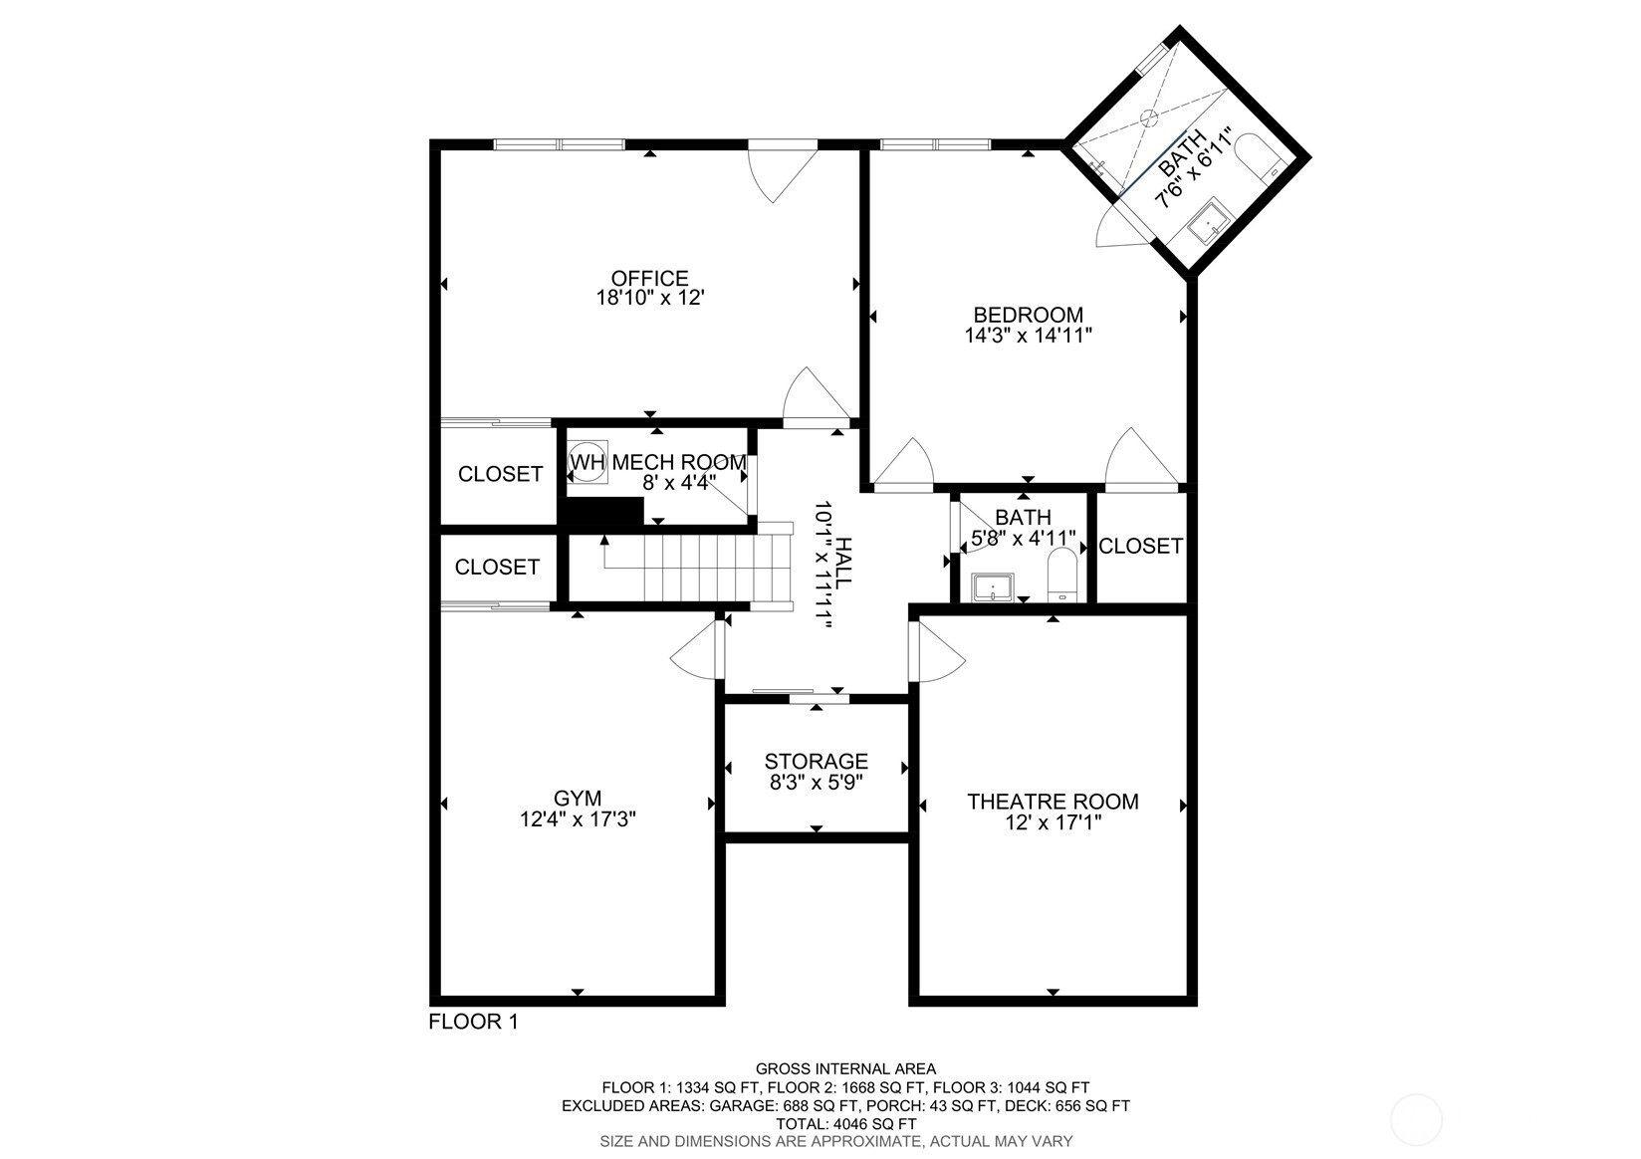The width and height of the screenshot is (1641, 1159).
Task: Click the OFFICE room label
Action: coord(650,279)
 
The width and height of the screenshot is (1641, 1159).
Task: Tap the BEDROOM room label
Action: coord(1028,315)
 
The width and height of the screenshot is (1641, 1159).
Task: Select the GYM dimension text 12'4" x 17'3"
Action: coord(578,819)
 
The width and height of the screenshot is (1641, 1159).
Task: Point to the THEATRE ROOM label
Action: coord(1053,802)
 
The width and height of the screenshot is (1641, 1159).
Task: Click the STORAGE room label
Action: coord(817,761)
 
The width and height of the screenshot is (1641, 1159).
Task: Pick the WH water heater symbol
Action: coord(587,462)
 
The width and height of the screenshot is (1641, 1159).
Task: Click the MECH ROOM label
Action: coord(679,462)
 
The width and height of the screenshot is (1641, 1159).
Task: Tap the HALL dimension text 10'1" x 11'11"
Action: coord(823,565)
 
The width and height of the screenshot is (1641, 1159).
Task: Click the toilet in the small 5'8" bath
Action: coord(1062,576)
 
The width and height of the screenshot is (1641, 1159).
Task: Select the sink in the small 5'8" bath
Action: coord(993,587)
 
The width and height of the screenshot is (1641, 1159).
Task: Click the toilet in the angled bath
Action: coord(1260,156)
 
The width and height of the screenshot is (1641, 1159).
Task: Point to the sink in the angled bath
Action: coord(1208,220)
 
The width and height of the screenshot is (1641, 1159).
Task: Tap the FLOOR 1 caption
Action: coord(473,1022)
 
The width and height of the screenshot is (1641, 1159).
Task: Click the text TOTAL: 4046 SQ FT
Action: coord(846,1124)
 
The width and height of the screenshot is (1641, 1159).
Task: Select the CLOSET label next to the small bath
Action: coord(1141,546)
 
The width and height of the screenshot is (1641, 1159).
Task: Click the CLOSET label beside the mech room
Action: coord(500,474)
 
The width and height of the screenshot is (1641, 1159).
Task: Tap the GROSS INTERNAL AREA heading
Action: coord(846,1068)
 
